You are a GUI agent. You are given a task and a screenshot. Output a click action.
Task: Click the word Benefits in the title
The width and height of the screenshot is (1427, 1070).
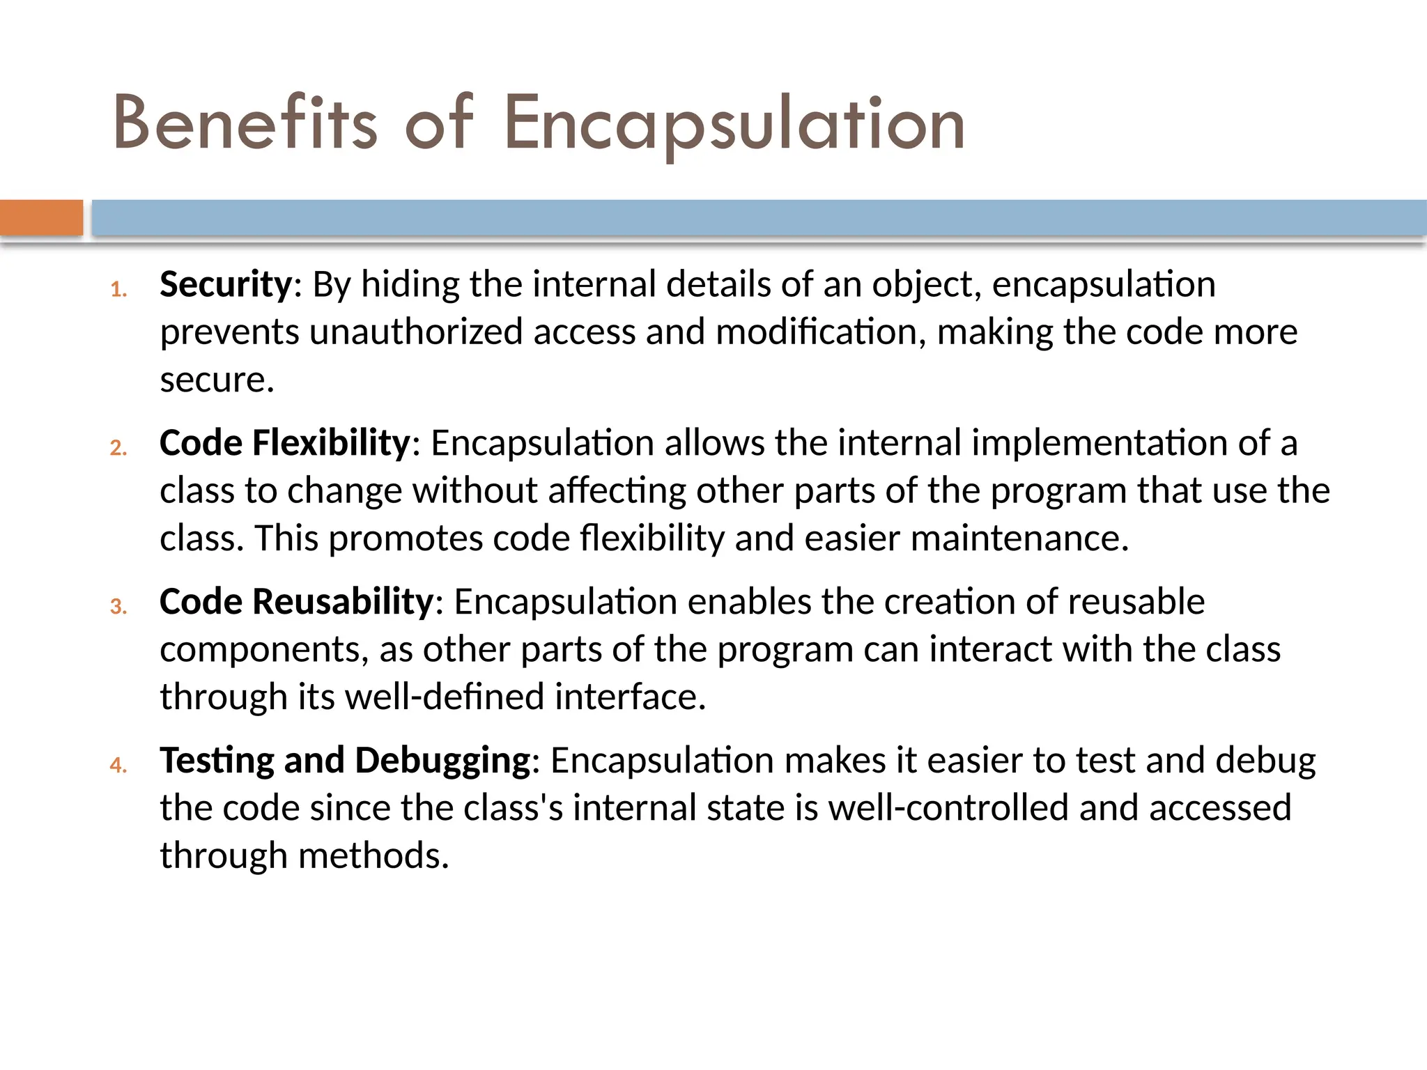click(245, 124)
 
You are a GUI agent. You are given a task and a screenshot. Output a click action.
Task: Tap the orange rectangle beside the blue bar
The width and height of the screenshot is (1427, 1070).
click(41, 217)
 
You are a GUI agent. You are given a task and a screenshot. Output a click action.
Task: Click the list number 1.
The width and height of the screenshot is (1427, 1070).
click(118, 289)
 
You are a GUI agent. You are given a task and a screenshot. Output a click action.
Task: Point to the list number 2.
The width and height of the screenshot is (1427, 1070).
click(118, 447)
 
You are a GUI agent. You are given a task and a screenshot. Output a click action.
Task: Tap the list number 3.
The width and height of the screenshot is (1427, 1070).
click(118, 606)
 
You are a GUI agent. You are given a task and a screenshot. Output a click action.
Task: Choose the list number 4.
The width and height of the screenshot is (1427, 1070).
click(118, 765)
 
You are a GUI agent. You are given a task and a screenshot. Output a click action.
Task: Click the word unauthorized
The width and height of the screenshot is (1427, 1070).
click(416, 332)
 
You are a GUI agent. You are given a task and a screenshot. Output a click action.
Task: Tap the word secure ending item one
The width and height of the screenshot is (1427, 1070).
click(217, 380)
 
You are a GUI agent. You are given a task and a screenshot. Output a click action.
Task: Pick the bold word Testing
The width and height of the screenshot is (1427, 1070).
click(217, 761)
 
